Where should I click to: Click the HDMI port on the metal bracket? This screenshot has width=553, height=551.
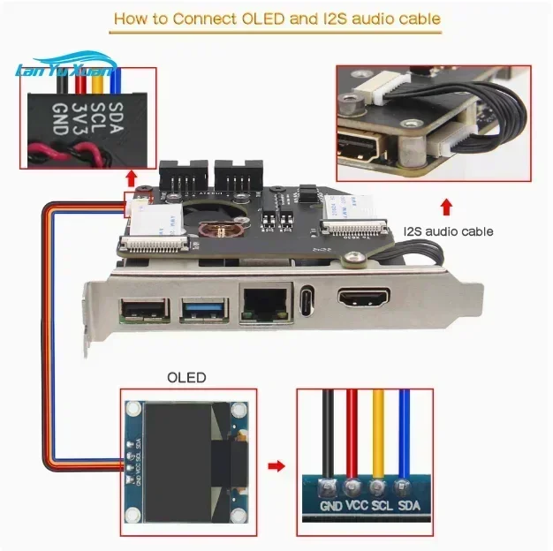pyautogui.click(x=362, y=301)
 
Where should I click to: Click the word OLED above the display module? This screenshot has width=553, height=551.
pyautogui.click(x=186, y=377)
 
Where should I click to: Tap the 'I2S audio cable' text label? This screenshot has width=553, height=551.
pyautogui.click(x=448, y=232)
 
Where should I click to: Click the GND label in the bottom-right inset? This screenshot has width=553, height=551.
pyautogui.click(x=331, y=506)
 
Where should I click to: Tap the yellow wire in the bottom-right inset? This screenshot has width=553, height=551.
pyautogui.click(x=379, y=433)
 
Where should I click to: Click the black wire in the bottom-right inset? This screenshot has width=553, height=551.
pyautogui.click(x=328, y=433)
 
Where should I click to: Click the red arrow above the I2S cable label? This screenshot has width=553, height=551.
pyautogui.click(x=447, y=208)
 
